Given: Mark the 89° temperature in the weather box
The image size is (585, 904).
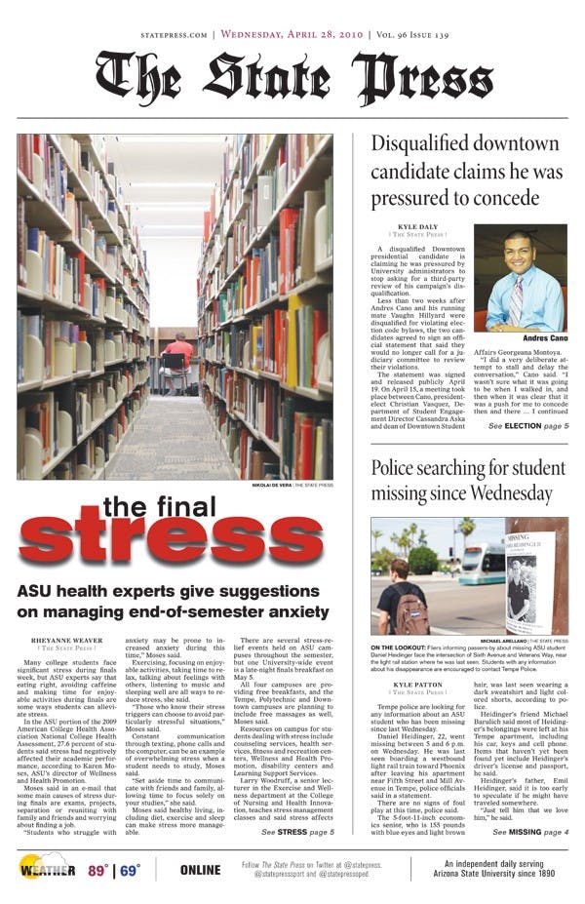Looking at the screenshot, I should coord(97,871).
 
